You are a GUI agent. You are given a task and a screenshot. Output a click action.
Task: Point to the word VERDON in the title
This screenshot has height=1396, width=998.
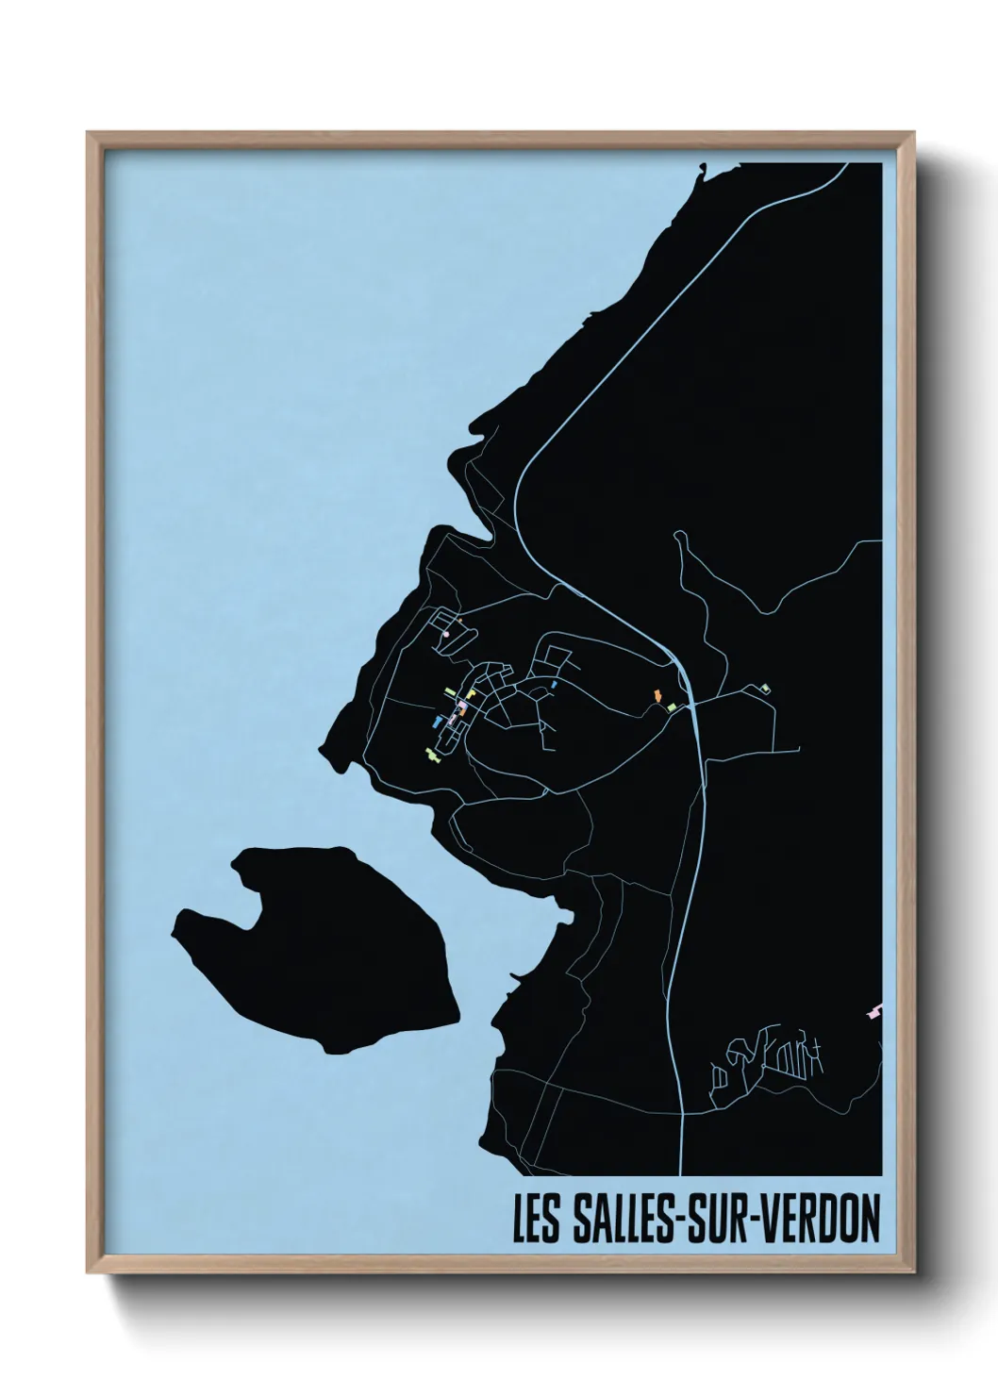pos(820,1220)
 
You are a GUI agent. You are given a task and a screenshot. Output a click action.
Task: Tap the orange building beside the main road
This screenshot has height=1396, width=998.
pos(657,696)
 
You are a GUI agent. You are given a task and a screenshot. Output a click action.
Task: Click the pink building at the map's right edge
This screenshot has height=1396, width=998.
pos(875,1012)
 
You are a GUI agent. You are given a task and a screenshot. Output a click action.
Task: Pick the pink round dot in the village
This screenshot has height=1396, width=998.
pos(444,636)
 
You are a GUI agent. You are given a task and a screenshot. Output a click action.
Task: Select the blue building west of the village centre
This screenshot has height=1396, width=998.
pos(438,722)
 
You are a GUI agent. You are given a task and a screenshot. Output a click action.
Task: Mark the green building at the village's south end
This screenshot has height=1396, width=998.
pos(433,753)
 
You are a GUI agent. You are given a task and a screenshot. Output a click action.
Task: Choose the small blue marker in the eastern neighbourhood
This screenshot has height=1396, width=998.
pos(554,683)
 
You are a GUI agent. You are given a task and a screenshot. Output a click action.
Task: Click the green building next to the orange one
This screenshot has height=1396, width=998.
pos(671,705)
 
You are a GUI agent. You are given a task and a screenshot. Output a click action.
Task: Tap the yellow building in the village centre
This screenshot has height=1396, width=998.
pos(470,695)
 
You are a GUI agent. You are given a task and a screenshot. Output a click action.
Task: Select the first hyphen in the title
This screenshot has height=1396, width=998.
pos(675,1221)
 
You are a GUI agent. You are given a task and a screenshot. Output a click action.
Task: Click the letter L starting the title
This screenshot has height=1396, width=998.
pos(520,1220)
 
